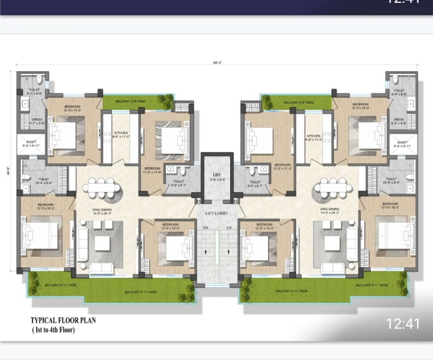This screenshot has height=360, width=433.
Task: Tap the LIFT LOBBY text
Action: (217, 212)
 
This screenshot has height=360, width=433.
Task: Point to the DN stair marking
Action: (206, 228)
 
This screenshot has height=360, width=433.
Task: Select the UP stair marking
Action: (229, 228)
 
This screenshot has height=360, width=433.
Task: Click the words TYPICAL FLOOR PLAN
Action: (63, 321)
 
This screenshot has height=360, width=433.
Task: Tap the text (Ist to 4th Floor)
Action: (53, 330)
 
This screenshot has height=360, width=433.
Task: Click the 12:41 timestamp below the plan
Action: (403, 324)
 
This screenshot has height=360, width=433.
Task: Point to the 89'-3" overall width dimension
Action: (216, 62)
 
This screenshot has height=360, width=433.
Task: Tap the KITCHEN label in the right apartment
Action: (314, 137)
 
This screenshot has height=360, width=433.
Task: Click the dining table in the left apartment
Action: (101, 187)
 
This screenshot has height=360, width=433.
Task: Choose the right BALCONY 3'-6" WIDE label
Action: (299, 103)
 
